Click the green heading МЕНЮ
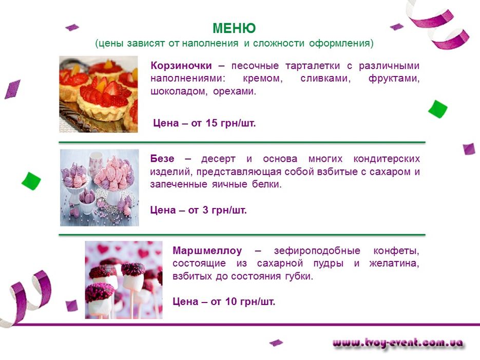(x=234, y=28)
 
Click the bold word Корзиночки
(x=181, y=66)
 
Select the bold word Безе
(x=162, y=159)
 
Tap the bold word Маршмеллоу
(x=207, y=251)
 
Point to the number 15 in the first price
(x=212, y=123)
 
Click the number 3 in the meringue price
(x=205, y=211)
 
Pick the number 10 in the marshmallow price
(x=231, y=301)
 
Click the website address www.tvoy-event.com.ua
(x=397, y=343)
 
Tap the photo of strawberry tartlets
(x=98, y=94)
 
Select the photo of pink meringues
(x=99, y=187)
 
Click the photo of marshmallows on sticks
(x=124, y=280)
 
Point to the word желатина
(x=394, y=263)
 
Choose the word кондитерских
(x=387, y=159)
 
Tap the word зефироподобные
(x=317, y=251)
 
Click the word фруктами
(x=394, y=79)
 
